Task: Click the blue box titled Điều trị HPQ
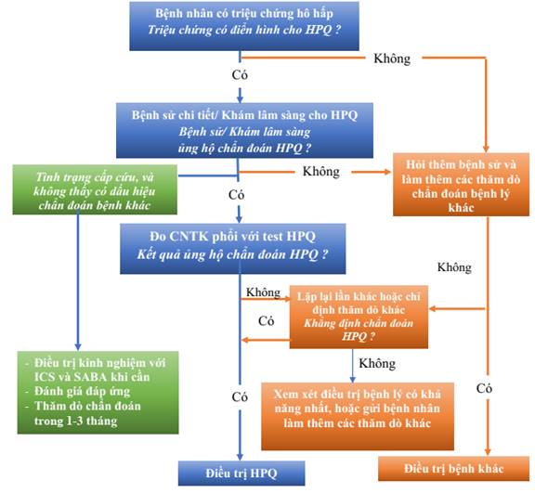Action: pos(241,473)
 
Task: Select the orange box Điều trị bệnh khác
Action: pos(454,469)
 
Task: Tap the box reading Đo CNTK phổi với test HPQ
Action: pos(233,249)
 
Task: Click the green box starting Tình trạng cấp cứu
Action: pos(95,189)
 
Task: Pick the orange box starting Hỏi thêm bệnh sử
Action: pos(462,185)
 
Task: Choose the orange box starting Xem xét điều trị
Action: pos(358,416)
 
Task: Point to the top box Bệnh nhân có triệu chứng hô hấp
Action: pos(244,26)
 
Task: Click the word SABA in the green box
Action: pos(90,377)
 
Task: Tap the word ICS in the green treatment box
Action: pos(44,377)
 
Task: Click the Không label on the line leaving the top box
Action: pos(392,58)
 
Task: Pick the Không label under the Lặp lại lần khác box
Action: pos(377,363)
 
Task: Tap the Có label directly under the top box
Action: pos(240,74)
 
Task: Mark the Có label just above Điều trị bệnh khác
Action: pos(484,388)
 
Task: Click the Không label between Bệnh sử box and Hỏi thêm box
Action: pos(321,171)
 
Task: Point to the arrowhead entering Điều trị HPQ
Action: pos(240,457)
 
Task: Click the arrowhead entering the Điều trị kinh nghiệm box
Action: pos(78,346)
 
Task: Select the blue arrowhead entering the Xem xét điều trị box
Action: pos(353,379)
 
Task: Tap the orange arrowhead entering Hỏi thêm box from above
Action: pos(486,149)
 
